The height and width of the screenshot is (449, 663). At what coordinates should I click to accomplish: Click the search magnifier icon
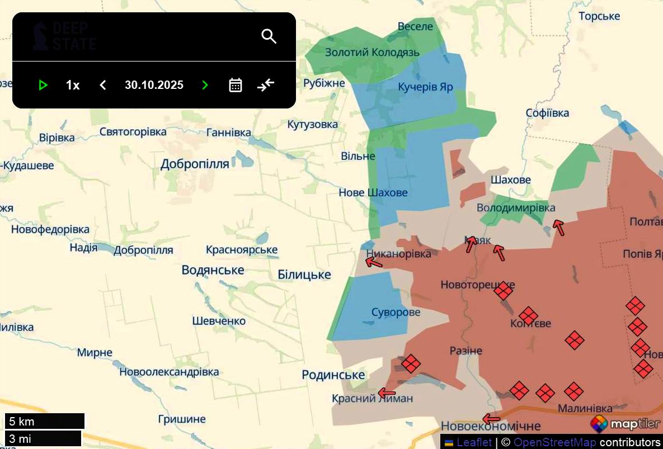269,36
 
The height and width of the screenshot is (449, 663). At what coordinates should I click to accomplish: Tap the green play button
43,85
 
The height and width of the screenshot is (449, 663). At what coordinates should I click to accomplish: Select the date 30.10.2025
154,85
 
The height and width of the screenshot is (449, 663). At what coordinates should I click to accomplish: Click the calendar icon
236,85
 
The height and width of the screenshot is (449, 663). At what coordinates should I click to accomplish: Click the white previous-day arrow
103,85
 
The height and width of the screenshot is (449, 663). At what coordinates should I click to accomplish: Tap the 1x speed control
73,85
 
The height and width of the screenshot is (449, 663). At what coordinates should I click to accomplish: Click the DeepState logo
64,36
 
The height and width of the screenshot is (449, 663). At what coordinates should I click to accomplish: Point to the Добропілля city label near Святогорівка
195,164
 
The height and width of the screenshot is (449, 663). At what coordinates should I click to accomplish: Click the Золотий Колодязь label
372,52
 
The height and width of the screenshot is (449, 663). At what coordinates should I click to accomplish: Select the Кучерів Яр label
425,87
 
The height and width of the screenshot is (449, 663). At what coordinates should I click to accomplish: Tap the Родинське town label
333,375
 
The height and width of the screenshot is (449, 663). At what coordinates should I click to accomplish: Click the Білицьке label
304,275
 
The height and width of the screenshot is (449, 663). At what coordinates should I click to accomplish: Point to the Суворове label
396,312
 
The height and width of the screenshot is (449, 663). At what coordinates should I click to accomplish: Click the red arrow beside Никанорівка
374,262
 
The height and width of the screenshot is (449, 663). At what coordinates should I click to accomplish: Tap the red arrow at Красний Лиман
386,393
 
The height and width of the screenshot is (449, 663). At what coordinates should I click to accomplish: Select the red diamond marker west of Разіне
411,363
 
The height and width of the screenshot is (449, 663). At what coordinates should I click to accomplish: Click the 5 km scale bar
45,421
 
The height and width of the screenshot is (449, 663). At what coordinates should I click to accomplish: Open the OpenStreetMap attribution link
554,442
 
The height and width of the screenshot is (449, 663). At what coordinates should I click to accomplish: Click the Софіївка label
547,113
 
